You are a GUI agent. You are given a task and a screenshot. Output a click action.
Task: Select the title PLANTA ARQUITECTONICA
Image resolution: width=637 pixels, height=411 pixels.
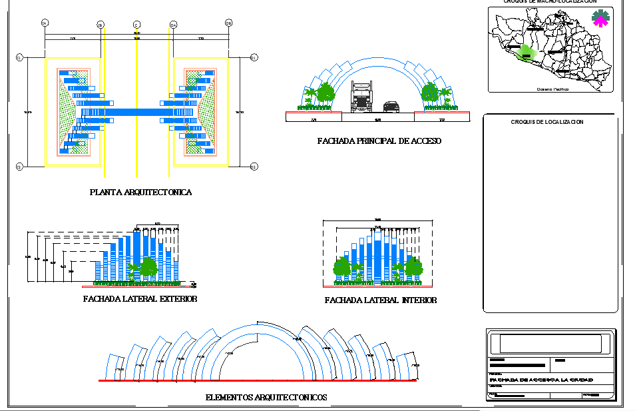(x=140, y=193)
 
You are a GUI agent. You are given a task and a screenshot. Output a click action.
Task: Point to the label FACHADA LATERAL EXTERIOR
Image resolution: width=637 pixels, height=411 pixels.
(x=140, y=299)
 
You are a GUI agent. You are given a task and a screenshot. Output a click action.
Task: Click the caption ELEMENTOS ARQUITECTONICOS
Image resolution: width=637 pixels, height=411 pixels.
(x=266, y=398)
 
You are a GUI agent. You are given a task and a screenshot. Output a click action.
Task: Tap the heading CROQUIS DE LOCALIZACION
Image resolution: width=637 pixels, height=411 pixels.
(x=547, y=122)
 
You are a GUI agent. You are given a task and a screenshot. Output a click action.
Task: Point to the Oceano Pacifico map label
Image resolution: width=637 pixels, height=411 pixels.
(x=552, y=88)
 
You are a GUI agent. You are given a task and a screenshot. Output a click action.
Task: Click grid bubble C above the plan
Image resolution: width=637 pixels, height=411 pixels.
(x=136, y=25)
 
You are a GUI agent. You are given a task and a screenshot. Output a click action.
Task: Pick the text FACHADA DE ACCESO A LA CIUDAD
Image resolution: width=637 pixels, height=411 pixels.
(x=540, y=380)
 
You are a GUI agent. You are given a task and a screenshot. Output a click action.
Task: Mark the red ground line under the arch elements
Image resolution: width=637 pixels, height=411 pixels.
(x=258, y=380)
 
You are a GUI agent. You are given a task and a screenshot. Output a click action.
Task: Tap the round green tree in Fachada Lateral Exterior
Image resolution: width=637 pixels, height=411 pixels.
(x=148, y=267)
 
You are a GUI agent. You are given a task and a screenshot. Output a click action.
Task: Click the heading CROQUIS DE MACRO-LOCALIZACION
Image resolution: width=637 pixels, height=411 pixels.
(x=550, y=2)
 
